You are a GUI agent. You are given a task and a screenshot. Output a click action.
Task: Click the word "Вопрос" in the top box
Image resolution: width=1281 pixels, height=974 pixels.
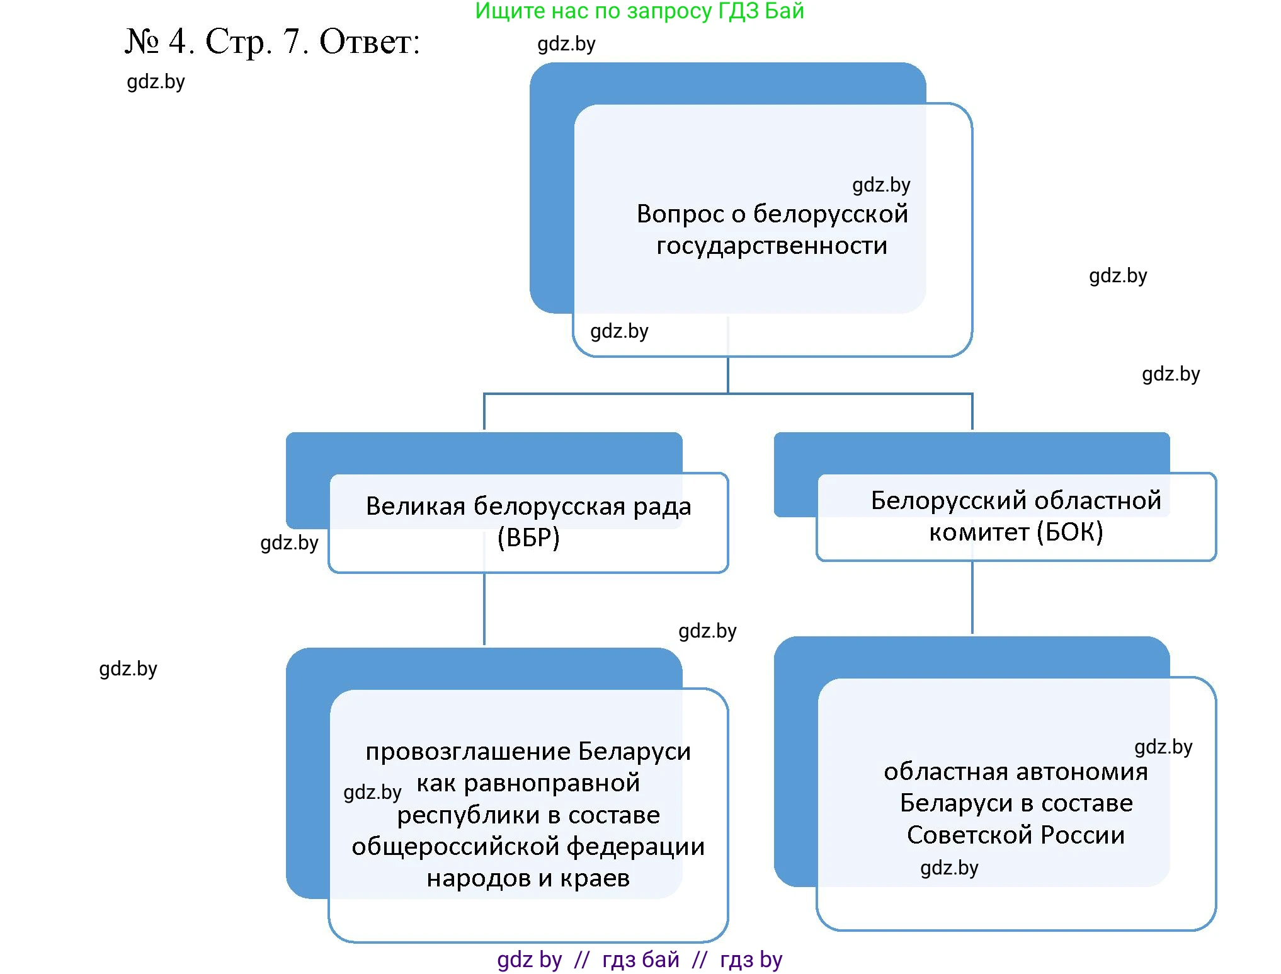click(x=680, y=214)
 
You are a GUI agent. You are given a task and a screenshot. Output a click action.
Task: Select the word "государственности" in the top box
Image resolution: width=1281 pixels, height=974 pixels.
click(x=771, y=246)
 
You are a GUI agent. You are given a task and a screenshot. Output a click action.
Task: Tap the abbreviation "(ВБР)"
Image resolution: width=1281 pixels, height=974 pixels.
click(x=528, y=537)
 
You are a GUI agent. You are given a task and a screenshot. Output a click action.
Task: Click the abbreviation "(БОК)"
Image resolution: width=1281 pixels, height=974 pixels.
click(x=1070, y=532)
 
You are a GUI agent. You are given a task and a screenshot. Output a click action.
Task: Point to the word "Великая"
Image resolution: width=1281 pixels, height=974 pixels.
click(x=415, y=506)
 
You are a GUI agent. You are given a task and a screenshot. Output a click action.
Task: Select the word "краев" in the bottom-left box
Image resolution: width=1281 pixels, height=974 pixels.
click(x=595, y=878)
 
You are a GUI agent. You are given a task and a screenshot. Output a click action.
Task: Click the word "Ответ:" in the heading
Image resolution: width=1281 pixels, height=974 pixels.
click(x=370, y=42)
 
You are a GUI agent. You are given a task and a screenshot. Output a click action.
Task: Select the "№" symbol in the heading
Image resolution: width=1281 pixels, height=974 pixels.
click(x=142, y=42)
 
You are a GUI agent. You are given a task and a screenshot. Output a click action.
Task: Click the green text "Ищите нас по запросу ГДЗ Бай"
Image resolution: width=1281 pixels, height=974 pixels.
click(x=639, y=11)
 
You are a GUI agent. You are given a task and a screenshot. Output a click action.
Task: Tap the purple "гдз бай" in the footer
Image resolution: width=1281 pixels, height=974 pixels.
click(x=640, y=960)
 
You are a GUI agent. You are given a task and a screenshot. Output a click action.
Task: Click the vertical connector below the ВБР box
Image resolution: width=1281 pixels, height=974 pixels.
click(x=484, y=609)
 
